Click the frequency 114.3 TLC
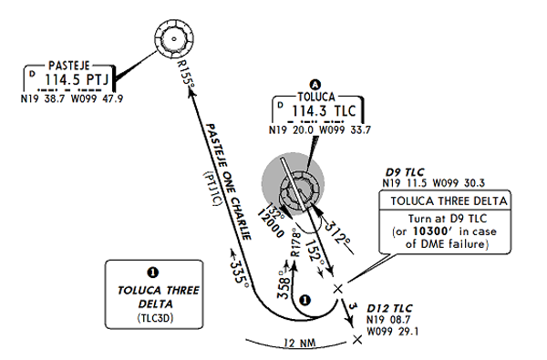pos(319,111)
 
